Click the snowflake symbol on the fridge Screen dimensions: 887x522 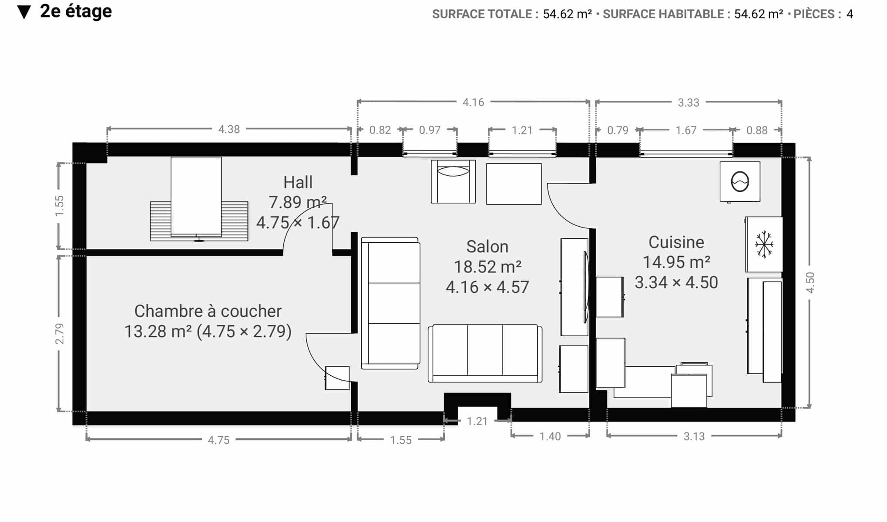[x=764, y=244]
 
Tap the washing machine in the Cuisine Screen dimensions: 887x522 [x=740, y=182]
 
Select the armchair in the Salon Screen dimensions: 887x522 [x=453, y=181]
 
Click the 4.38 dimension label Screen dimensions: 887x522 [x=229, y=129]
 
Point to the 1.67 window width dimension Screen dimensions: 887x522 [x=686, y=130]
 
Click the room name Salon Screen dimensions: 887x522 [x=487, y=247]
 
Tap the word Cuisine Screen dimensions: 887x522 [x=676, y=242]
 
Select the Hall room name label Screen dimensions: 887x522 [x=298, y=182]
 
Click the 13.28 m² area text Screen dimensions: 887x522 [x=158, y=331]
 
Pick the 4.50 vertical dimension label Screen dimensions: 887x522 [x=810, y=282]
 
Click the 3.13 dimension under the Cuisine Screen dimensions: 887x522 [x=694, y=436]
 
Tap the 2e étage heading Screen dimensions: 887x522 [x=76, y=11]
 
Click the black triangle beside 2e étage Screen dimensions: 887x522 [x=24, y=13]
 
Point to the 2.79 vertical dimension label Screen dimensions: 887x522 [x=60, y=334]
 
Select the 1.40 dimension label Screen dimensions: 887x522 [x=550, y=436]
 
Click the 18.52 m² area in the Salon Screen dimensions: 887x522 [x=487, y=267]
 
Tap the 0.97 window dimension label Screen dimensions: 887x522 [x=430, y=130]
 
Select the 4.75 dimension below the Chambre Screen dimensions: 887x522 [x=218, y=440]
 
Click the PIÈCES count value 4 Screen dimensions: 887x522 [x=850, y=14]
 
